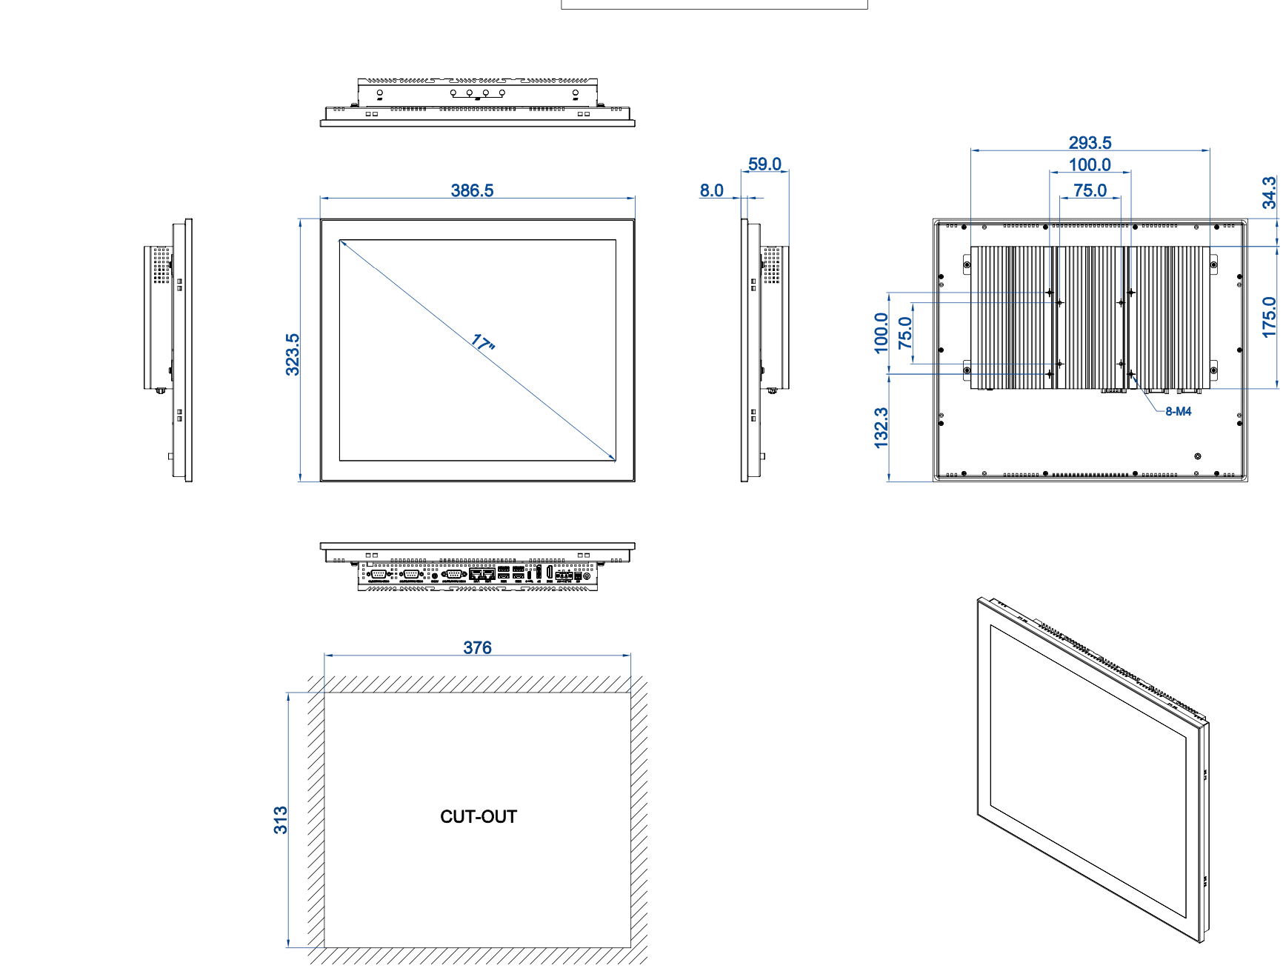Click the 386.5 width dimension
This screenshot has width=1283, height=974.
point(472,190)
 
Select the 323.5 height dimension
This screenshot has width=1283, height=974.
point(293,355)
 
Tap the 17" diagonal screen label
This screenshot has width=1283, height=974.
point(483,343)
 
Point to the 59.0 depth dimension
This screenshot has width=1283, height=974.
point(764,164)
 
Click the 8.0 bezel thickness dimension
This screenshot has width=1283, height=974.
point(712,190)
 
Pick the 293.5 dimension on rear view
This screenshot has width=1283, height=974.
point(1090,142)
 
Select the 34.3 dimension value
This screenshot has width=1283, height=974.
point(1270,193)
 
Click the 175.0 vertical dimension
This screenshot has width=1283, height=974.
point(1270,317)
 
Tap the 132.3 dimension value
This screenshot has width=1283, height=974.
point(881,427)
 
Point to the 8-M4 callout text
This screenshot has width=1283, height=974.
point(1178,412)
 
